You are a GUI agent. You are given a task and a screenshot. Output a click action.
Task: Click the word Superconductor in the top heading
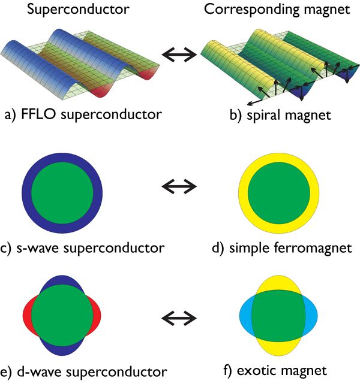click(x=78, y=10)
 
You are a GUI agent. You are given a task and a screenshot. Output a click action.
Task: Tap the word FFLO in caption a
click(x=38, y=114)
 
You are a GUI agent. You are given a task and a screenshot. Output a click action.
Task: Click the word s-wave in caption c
click(x=38, y=248)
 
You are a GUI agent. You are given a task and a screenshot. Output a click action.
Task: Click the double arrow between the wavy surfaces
click(x=179, y=55)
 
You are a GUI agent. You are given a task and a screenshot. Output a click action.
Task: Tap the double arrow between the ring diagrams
click(x=179, y=187)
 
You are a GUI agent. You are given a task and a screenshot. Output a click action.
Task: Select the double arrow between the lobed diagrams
click(x=179, y=318)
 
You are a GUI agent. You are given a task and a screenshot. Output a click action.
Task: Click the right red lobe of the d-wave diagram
click(x=96, y=316)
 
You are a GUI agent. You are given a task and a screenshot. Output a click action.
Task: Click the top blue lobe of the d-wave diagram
click(x=62, y=281)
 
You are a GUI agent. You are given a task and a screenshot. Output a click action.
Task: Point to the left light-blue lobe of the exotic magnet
click(x=245, y=316)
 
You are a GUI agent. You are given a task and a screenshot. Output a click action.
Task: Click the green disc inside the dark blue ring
click(x=62, y=193)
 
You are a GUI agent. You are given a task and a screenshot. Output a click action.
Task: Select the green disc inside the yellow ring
click(x=279, y=193)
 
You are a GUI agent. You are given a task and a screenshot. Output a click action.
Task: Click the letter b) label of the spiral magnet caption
click(x=236, y=115)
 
